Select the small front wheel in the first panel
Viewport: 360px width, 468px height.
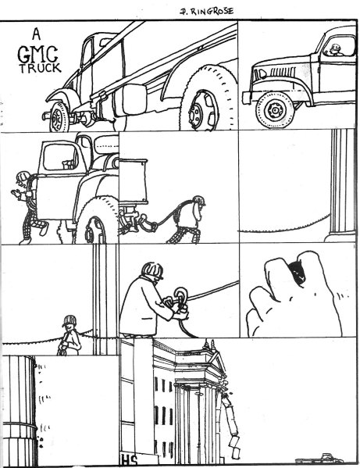coord(59,116)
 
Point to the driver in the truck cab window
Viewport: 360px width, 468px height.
coord(335,51)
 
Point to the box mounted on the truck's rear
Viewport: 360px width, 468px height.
coord(134,180)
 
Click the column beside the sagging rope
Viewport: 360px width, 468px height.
coord(341,184)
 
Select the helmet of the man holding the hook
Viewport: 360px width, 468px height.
coord(153,270)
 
